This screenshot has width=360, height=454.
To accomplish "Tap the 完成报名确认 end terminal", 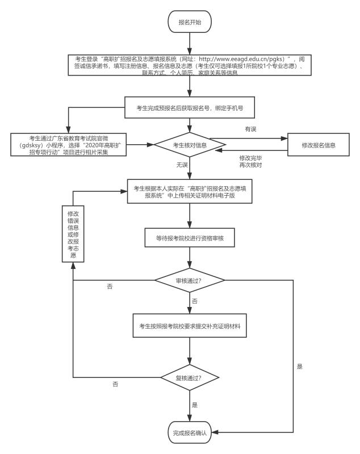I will pyautogui.click(x=190, y=433).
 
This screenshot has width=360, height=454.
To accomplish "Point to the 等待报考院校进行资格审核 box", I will pyautogui.click(x=190, y=239).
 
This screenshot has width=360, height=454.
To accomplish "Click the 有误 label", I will pyautogui.click(x=250, y=129).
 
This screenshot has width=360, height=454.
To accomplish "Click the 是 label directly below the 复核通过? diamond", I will pyautogui.click(x=195, y=405).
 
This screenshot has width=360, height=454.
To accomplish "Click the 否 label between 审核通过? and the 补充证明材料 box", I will pyautogui.click(x=195, y=301).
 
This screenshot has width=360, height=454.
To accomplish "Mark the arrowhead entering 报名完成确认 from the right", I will pyautogui.click(x=216, y=433).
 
